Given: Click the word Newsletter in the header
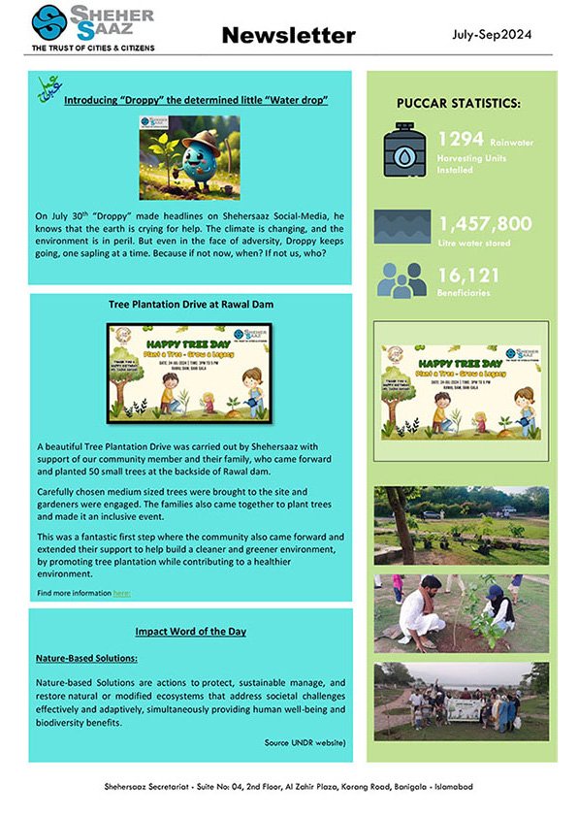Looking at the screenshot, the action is [288, 36].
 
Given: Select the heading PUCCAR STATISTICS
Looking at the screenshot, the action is [458, 103].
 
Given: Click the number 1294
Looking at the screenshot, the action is [461, 140].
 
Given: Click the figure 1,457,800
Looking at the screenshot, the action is [485, 224].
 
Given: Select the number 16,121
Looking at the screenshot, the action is [471, 275].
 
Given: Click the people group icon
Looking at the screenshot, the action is [402, 280].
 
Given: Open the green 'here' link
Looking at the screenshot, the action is [121, 592].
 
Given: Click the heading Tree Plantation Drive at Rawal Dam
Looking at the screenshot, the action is [190, 304].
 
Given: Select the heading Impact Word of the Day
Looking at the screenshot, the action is [190, 632].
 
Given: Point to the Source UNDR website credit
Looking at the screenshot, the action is [305, 742].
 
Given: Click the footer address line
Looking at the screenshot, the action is [288, 787].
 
